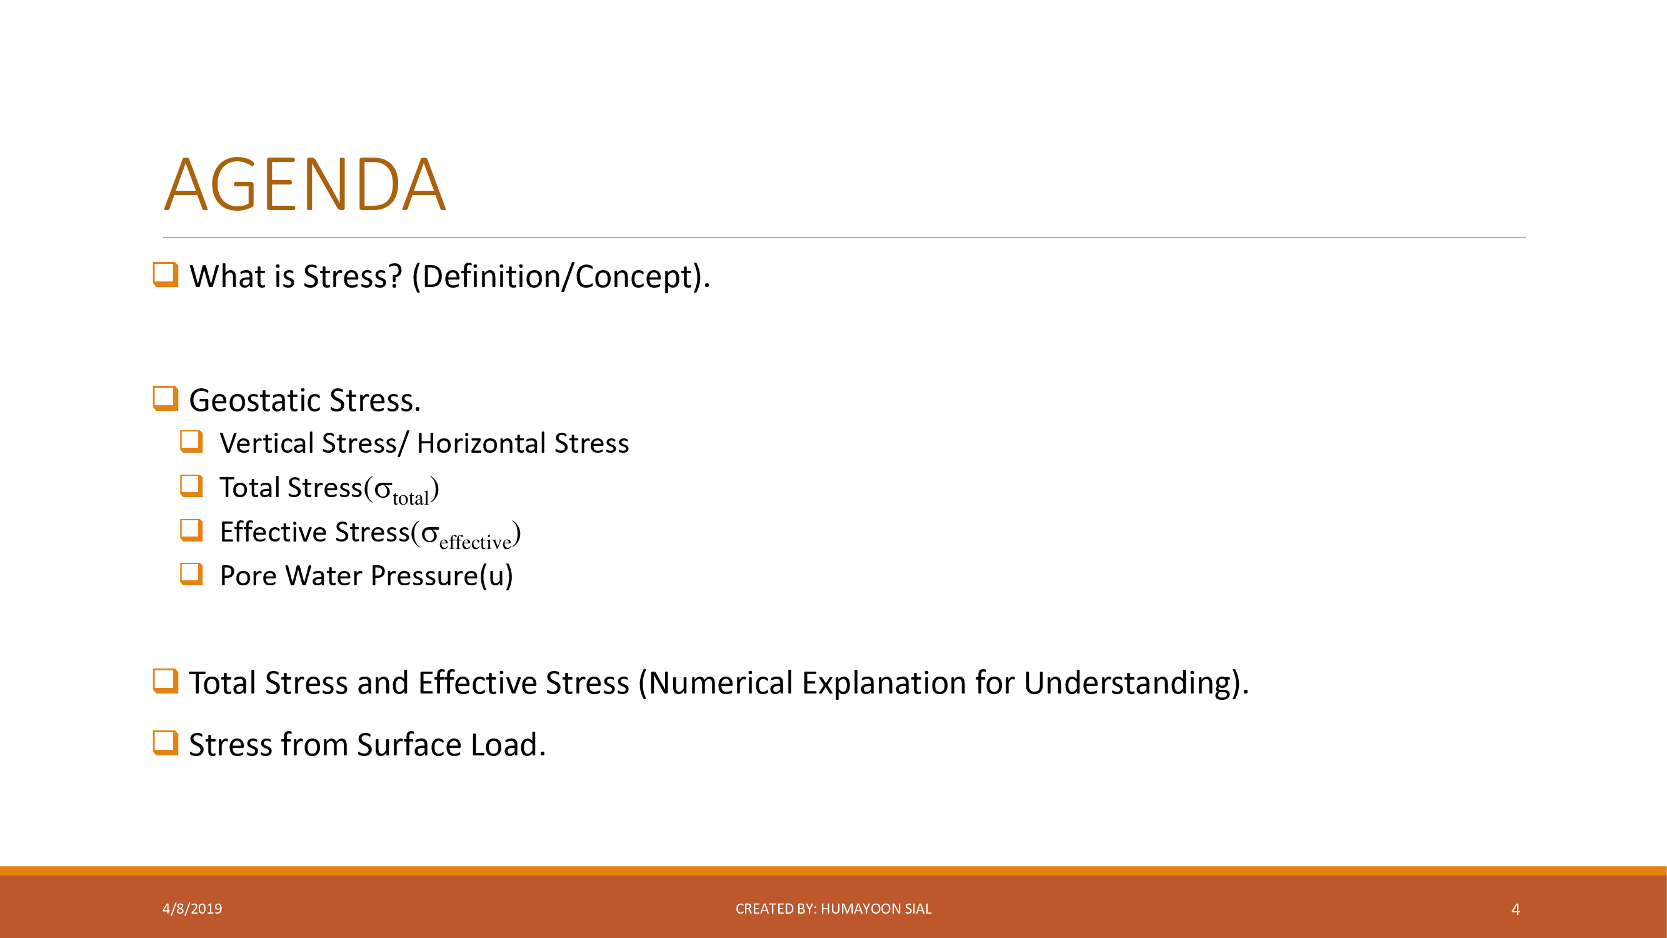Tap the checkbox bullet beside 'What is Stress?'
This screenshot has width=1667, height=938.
(166, 275)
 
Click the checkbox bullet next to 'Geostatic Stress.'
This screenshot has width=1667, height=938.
(166, 399)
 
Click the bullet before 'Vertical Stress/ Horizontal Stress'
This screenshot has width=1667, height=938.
(191, 441)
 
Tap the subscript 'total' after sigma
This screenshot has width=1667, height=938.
(410, 498)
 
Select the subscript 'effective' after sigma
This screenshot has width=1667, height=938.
(475, 542)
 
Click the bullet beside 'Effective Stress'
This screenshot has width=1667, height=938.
(191, 530)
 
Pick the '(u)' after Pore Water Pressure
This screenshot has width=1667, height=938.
(496, 576)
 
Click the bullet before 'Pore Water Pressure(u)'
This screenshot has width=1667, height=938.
(191, 574)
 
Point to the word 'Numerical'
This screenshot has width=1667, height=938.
(720, 683)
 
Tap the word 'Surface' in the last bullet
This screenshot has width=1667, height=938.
(409, 745)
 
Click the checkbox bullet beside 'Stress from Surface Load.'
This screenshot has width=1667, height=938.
(166, 743)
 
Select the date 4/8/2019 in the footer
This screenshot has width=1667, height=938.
(192, 909)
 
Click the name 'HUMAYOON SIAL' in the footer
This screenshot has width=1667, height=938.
(876, 909)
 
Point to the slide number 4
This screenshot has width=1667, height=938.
(1516, 909)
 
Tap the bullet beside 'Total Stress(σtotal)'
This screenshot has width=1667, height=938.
(191, 486)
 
